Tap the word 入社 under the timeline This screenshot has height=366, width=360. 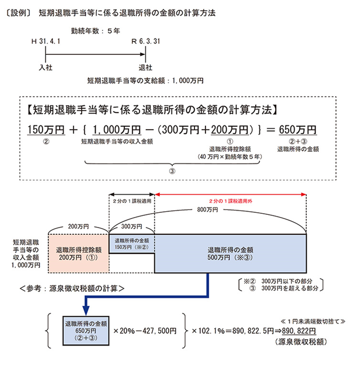[x=46, y=67]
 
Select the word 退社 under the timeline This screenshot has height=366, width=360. [x=145, y=67]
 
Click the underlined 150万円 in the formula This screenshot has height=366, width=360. [x=45, y=129]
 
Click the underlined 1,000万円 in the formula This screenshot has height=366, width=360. [x=117, y=129]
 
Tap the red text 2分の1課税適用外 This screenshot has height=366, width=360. [x=230, y=201]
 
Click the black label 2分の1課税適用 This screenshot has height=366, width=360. [x=132, y=201]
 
